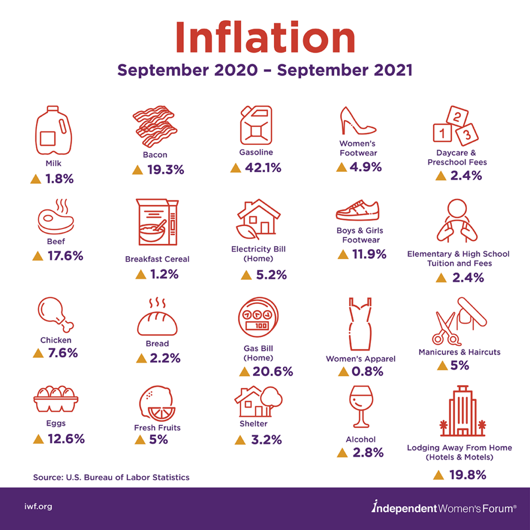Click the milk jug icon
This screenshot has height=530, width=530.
[x=53, y=131]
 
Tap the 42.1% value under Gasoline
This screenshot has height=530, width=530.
[x=262, y=168]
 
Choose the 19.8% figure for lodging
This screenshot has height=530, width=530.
[x=467, y=475]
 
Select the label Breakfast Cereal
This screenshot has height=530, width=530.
[x=157, y=259]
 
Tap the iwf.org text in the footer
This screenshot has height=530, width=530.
[x=38, y=507]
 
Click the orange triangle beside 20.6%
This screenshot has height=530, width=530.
[x=245, y=372]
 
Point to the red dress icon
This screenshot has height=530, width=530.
[x=360, y=325]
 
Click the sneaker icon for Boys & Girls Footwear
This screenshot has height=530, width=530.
[x=358, y=211]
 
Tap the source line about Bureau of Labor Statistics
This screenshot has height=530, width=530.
[x=111, y=477]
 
